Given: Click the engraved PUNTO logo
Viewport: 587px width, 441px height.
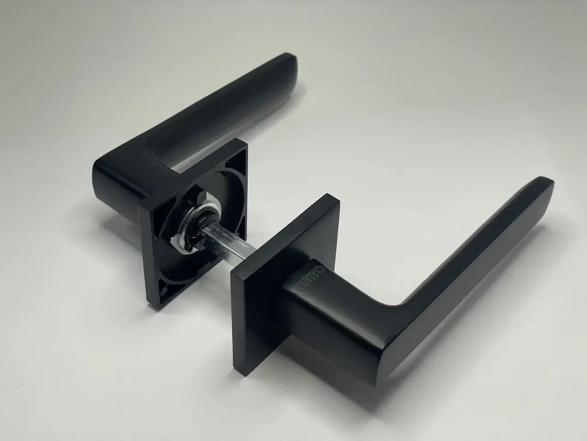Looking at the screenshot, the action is tap(309, 279).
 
